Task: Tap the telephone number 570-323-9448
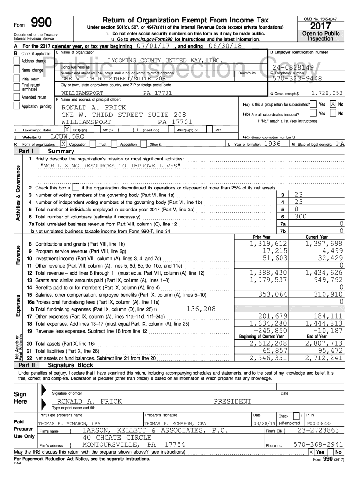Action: click(x=296, y=79)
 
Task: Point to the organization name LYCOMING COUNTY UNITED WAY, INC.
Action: click(x=164, y=61)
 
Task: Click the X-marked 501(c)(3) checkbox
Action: click(x=67, y=130)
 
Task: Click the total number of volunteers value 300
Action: click(x=301, y=217)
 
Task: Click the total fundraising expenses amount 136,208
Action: click(x=201, y=309)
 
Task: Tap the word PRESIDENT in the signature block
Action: click(x=232, y=401)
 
